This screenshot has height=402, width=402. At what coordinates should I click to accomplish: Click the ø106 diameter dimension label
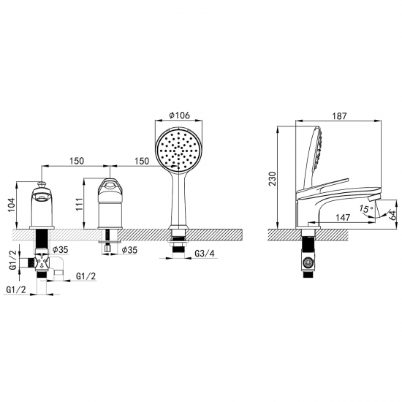click(180, 115)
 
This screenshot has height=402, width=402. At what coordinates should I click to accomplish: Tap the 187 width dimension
click(339, 116)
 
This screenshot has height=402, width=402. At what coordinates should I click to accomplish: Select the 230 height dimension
click(273, 178)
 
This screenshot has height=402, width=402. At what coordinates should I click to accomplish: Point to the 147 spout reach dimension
click(343, 217)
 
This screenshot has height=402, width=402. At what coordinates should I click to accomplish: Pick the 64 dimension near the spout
click(393, 214)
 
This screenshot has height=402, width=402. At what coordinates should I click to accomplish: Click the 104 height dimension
click(12, 205)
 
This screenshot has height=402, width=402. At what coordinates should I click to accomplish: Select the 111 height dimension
click(80, 204)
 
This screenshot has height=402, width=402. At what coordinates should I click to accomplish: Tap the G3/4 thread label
click(205, 254)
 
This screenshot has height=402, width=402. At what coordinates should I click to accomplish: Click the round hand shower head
click(178, 149)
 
